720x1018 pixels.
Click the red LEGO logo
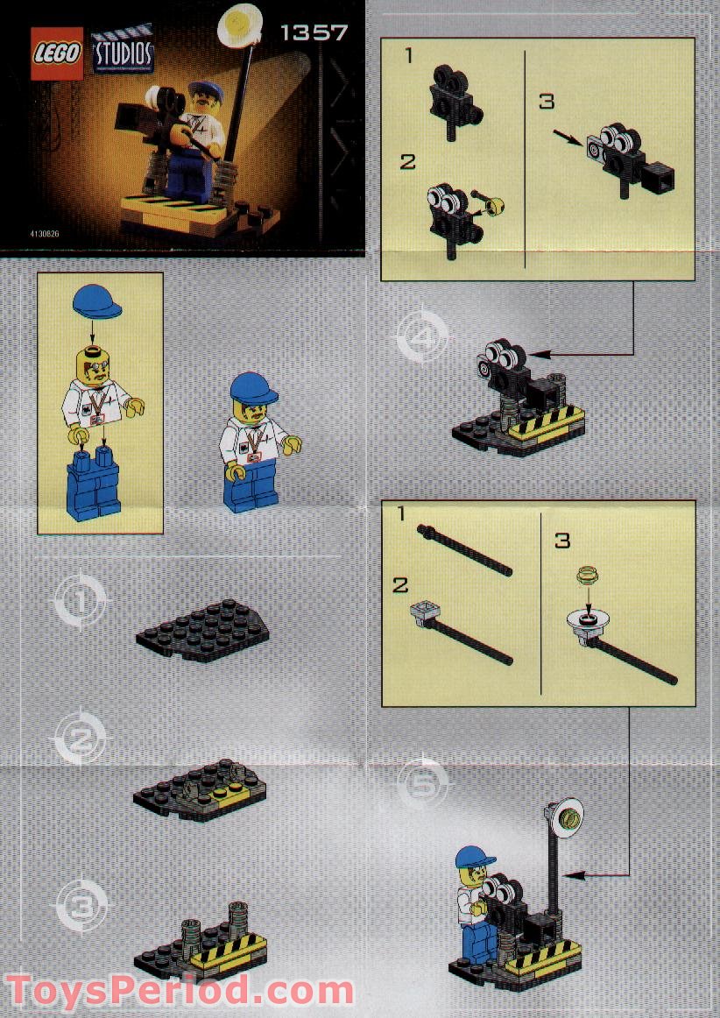click(58, 53)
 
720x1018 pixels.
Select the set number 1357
click(314, 33)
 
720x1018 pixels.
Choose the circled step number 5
click(422, 782)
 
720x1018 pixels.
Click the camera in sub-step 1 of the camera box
click(453, 97)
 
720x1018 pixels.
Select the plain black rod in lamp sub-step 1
click(465, 548)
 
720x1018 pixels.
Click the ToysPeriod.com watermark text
click(179, 991)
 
